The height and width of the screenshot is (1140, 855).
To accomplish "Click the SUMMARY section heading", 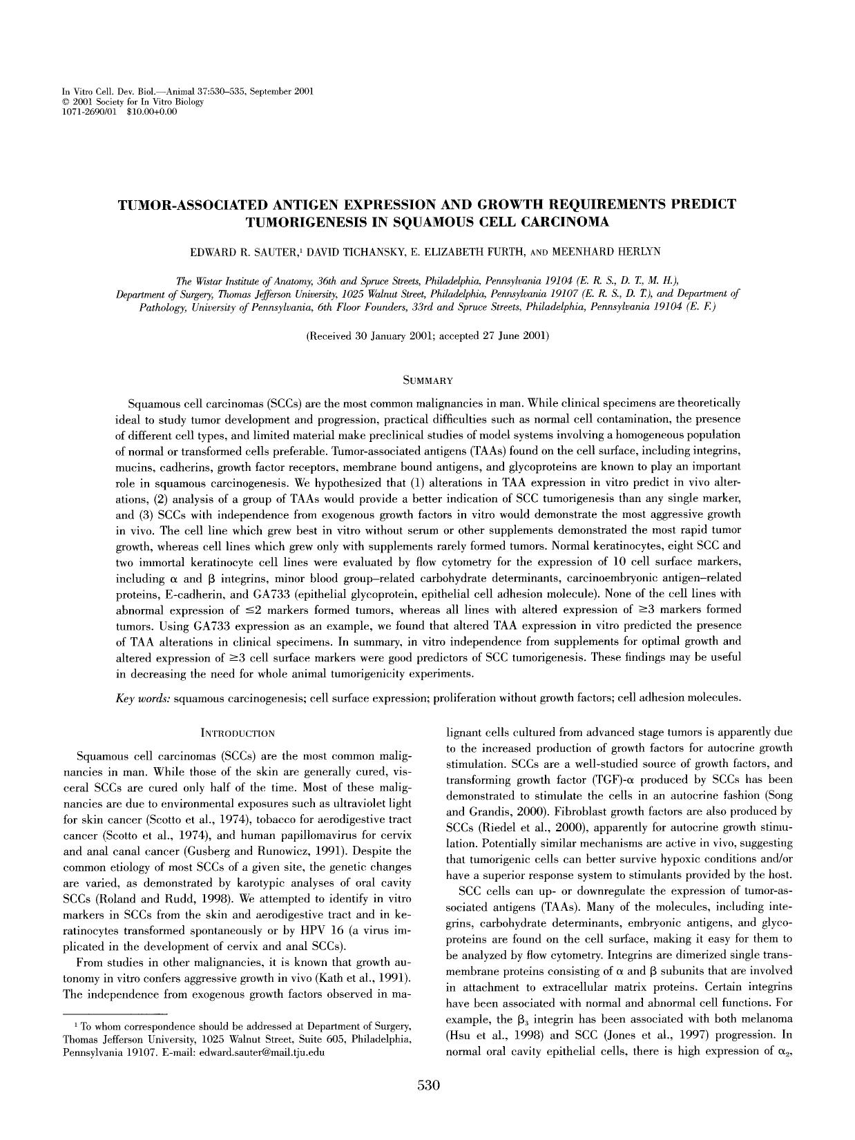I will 427,380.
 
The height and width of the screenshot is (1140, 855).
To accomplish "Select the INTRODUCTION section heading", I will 237,733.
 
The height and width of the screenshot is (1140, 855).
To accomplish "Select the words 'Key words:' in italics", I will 142,698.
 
